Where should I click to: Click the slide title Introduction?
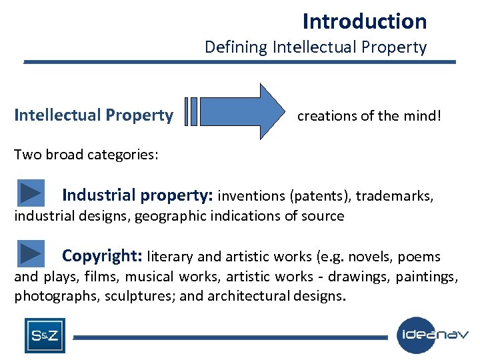tap(364, 21)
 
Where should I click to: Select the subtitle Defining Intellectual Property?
tap(315, 47)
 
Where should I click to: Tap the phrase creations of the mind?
tap(369, 116)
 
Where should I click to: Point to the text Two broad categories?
tap(86, 155)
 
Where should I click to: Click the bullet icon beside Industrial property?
tap(31, 193)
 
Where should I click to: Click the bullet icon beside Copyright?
tap(31, 254)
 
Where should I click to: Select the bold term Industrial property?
tap(137, 195)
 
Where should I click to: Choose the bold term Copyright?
tap(103, 256)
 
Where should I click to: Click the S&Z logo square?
tap(45, 335)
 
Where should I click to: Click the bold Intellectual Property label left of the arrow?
tap(93, 115)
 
